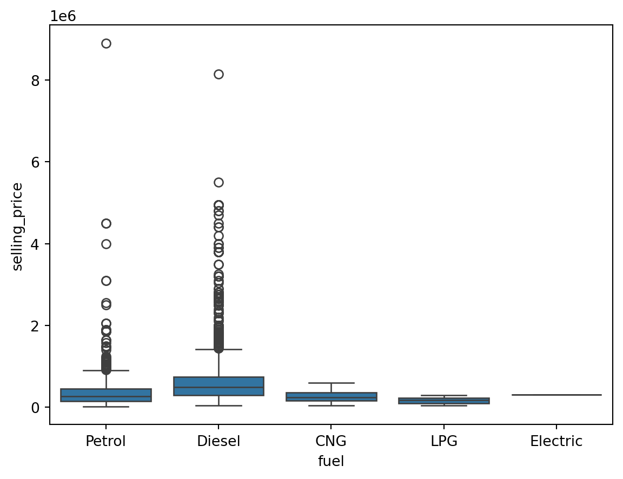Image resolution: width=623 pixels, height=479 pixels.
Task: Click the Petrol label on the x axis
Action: click(x=106, y=442)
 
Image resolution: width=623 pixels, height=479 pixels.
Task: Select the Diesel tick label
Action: click(x=218, y=442)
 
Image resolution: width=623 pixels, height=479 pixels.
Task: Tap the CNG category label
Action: click(x=331, y=442)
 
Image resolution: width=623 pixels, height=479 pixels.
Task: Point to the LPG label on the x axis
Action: click(x=444, y=442)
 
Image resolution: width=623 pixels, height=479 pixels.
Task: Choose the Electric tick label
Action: click(x=556, y=442)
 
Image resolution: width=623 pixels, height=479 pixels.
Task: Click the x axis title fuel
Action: click(x=331, y=461)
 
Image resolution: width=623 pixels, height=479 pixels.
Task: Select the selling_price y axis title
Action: click(x=17, y=227)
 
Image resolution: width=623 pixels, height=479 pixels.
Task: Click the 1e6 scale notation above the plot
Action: click(x=63, y=16)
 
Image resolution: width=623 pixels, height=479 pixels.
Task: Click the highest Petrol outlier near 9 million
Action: click(x=106, y=44)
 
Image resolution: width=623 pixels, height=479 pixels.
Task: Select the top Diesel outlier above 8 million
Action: click(x=218, y=75)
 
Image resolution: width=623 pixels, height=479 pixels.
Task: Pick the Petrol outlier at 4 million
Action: click(x=106, y=244)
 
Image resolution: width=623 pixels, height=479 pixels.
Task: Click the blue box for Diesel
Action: click(x=218, y=386)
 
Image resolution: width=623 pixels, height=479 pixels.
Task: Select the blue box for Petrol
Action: click(x=106, y=395)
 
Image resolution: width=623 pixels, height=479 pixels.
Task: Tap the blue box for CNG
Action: click(x=331, y=397)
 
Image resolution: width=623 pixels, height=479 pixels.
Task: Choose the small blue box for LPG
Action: click(x=444, y=401)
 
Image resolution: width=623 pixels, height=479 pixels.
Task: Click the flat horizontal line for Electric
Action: click(x=556, y=395)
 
